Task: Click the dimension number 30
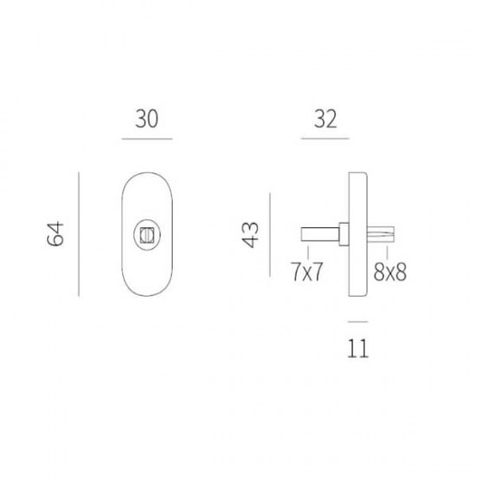click(147, 119)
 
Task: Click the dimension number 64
click(56, 234)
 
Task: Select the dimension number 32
click(325, 119)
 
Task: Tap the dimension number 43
click(250, 234)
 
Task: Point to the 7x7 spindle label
click(307, 271)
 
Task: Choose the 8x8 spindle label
click(389, 271)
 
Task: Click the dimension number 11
click(357, 349)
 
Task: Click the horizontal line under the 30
click(147, 139)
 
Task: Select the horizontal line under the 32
click(325, 139)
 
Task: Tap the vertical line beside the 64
click(79, 234)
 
